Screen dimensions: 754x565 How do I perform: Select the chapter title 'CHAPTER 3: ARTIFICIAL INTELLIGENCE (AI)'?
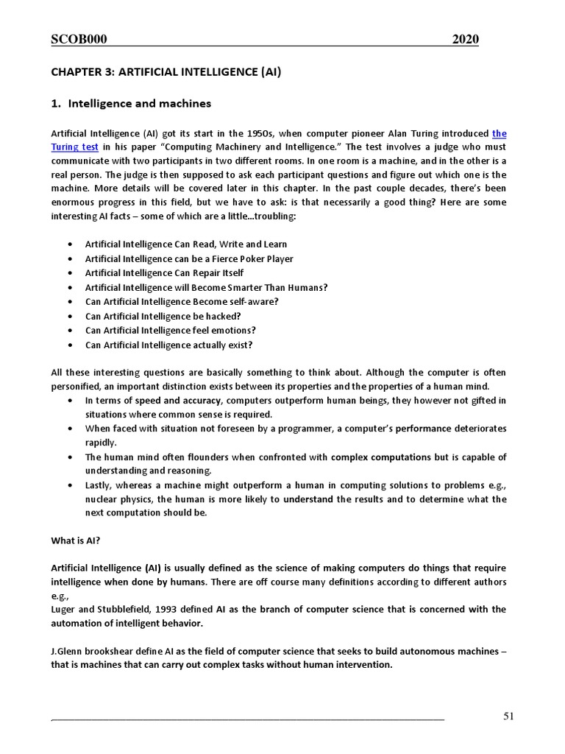166,72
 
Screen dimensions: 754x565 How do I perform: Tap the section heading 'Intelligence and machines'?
139,104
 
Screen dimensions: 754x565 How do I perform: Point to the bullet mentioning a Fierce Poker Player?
189,258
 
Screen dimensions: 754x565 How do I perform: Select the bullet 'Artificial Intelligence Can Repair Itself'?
164,273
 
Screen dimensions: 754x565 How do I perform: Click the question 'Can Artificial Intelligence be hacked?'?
163,316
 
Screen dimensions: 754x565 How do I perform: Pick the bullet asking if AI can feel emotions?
170,330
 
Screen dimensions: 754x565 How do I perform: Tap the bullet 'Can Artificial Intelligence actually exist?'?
168,345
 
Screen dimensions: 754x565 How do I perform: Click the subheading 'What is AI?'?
75,540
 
